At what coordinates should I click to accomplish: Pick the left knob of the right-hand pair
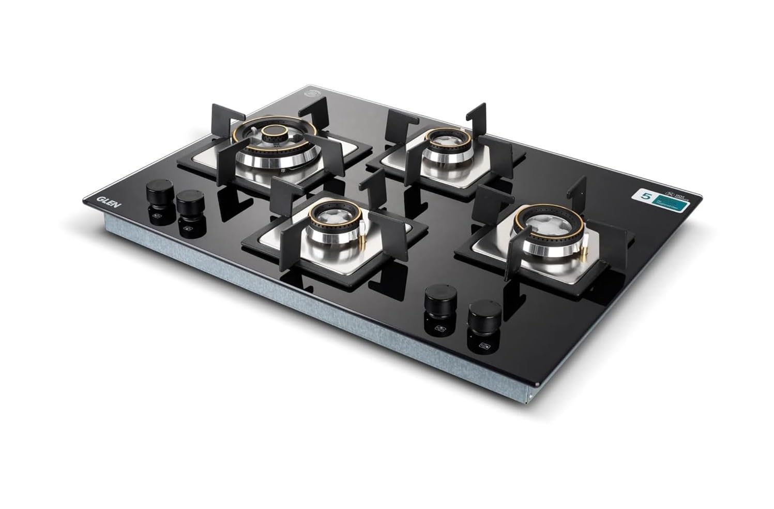coord(438,301)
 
